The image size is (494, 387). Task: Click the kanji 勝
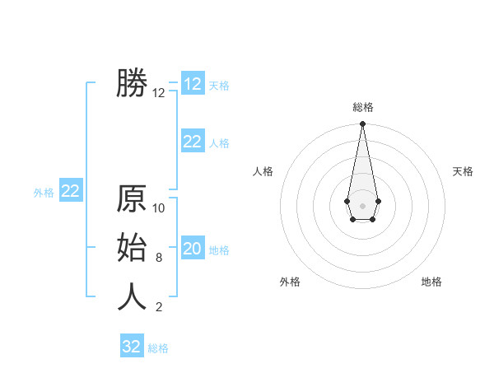pyautogui.click(x=132, y=83)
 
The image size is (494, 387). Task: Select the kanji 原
pyautogui.click(x=132, y=199)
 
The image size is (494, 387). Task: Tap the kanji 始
pyautogui.click(x=132, y=248)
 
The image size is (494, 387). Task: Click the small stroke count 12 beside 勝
pyautogui.click(x=159, y=93)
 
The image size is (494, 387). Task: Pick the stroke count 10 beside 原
pyautogui.click(x=159, y=208)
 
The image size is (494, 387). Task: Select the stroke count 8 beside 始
pyautogui.click(x=159, y=258)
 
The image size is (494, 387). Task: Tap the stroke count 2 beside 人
pyautogui.click(x=159, y=307)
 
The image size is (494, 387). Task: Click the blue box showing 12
pyautogui.click(x=193, y=84)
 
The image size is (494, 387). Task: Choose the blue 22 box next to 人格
pyautogui.click(x=193, y=142)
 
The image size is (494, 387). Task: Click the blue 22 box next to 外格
pyautogui.click(x=70, y=191)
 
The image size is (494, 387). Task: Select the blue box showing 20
pyautogui.click(x=193, y=249)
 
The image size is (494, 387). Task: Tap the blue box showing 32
pyautogui.click(x=132, y=347)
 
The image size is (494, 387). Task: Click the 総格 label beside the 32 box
pyautogui.click(x=158, y=348)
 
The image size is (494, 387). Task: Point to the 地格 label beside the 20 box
pyautogui.click(x=219, y=250)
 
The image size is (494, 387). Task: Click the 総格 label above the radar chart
pyautogui.click(x=362, y=107)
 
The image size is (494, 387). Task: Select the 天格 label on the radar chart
pyautogui.click(x=463, y=171)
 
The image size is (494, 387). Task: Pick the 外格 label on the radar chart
pyautogui.click(x=290, y=282)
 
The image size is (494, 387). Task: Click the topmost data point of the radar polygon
pyautogui.click(x=362, y=124)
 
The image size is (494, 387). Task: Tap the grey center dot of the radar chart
pyautogui.click(x=362, y=204)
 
